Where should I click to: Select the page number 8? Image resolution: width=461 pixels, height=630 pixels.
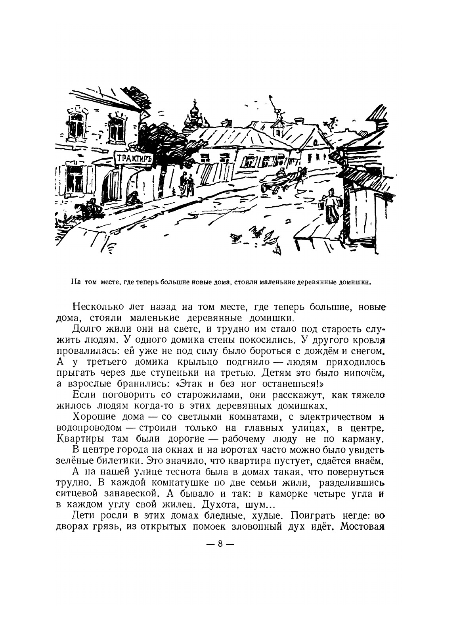(x=219, y=544)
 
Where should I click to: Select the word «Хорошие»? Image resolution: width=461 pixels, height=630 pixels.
(x=92, y=417)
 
